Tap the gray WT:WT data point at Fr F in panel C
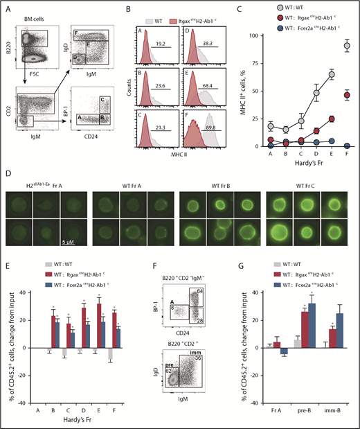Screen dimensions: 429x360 346,46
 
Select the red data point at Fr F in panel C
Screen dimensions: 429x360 346,95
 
